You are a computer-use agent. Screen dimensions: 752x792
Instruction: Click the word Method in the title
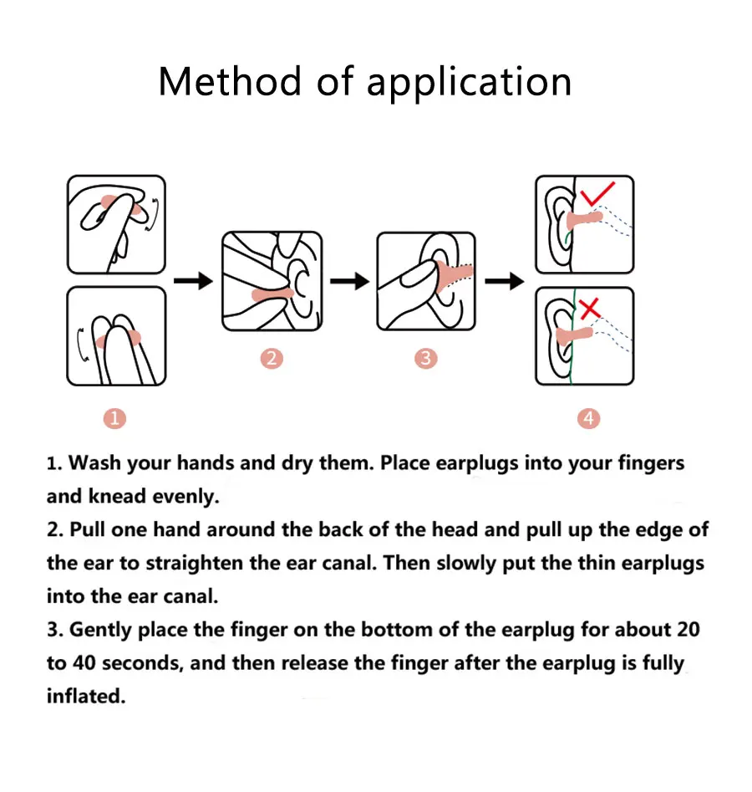[230, 81]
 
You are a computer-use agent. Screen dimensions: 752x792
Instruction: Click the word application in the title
[469, 83]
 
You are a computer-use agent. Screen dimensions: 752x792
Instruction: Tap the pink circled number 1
[114, 419]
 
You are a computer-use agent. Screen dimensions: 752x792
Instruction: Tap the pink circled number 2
[272, 358]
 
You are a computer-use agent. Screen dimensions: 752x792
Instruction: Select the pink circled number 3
[425, 358]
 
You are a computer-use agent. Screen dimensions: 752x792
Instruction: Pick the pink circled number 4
[588, 419]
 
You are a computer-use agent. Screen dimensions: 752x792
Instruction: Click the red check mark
[597, 194]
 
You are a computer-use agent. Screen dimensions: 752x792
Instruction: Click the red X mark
[590, 309]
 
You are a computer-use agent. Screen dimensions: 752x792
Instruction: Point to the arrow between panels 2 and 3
[350, 281]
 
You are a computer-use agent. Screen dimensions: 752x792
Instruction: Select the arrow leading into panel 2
[193, 281]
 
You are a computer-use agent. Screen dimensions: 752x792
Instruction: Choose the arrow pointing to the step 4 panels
[505, 281]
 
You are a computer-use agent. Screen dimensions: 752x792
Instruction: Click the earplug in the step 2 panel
[272, 294]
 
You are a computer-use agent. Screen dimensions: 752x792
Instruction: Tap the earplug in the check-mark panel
[584, 220]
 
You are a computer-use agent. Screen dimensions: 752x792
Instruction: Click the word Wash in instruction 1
[94, 462]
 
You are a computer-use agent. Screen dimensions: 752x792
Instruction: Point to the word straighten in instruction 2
[195, 563]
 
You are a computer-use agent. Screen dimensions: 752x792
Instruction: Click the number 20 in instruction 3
[688, 630]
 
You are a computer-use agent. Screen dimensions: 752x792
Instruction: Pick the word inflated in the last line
[86, 696]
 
